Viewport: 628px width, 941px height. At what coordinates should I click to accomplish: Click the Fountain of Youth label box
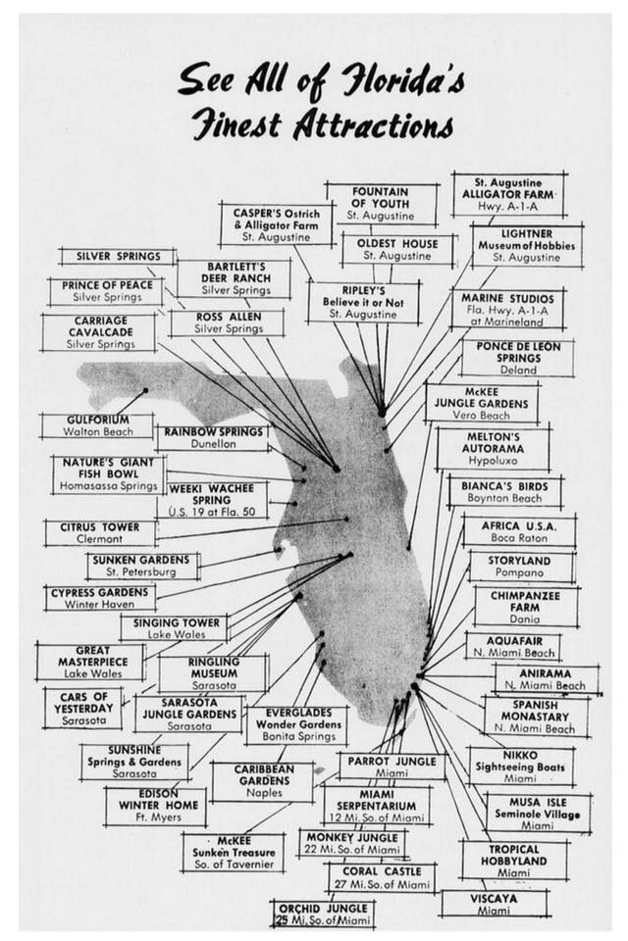pos(382,204)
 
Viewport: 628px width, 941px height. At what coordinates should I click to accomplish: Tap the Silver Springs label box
pos(118,256)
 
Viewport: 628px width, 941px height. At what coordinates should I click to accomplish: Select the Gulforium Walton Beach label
pos(97,425)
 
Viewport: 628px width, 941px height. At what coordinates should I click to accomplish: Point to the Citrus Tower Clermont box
pos(100,533)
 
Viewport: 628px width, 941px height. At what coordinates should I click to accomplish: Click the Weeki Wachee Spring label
pos(212,500)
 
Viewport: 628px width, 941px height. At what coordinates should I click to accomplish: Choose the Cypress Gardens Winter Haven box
pos(100,598)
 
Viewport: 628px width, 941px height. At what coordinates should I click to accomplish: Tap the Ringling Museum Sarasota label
pos(214,673)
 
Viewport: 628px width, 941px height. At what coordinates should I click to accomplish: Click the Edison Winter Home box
pos(156,806)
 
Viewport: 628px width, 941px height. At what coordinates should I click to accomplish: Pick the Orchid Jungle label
pos(323,914)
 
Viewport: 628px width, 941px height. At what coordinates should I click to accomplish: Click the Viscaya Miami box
pos(494,904)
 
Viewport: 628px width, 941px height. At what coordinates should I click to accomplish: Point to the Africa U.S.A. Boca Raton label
pos(519,531)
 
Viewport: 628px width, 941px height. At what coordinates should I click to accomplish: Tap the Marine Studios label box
pos(508,310)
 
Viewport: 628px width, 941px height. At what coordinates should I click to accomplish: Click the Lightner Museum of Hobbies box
pos(526,245)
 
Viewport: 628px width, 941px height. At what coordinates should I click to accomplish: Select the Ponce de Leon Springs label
pos(518,358)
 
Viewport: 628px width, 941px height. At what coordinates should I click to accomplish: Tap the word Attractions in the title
pos(373,124)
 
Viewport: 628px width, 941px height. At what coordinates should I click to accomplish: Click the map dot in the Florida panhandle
pos(145,391)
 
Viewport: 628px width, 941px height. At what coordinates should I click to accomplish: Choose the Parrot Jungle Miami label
pos(392,767)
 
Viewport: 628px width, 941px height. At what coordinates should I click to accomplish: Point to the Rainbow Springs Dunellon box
pos(213,438)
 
